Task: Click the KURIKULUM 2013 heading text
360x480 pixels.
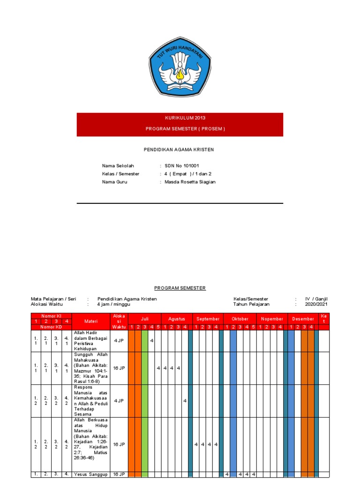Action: [x=180, y=118]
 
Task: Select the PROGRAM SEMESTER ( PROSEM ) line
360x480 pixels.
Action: [x=180, y=129]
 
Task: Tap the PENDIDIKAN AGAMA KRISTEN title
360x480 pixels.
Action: [x=178, y=150]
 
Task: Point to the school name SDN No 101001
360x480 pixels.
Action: [x=182, y=166]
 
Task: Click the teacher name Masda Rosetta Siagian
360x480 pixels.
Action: [x=190, y=182]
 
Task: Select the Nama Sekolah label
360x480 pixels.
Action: [x=118, y=166]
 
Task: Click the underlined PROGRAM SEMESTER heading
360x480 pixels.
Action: [x=180, y=288]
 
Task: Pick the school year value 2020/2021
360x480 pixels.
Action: [x=316, y=304]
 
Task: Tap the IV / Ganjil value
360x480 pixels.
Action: [x=316, y=299]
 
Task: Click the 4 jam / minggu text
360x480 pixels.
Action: [x=113, y=304]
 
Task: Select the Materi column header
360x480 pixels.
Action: [x=90, y=321]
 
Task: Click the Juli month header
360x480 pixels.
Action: [x=145, y=319]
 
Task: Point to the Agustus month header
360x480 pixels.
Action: [x=177, y=319]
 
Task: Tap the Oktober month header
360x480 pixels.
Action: [x=240, y=319]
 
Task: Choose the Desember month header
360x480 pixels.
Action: [x=303, y=319]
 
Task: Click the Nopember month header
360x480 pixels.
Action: [x=272, y=319]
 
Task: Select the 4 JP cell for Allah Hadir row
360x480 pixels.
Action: [x=119, y=341]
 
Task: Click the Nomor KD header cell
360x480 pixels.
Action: [x=51, y=327]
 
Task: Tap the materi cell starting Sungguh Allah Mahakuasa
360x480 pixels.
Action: [x=90, y=368]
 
